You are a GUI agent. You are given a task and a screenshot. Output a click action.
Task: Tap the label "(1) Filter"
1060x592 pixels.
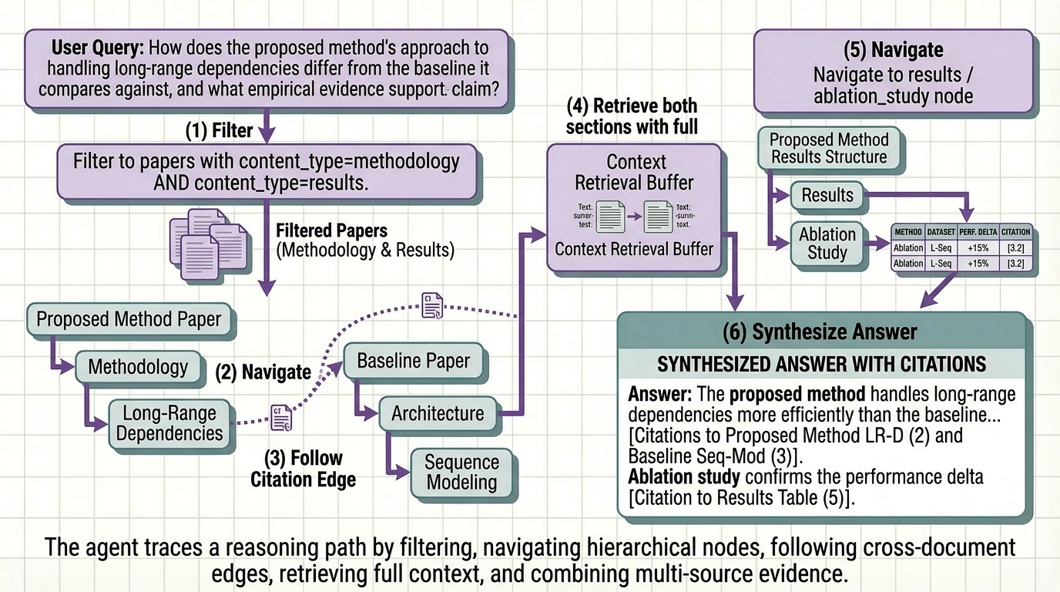point(219,130)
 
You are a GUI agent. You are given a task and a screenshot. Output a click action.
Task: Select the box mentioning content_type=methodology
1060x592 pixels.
point(266,172)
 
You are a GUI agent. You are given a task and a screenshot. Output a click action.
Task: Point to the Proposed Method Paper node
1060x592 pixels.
point(129,319)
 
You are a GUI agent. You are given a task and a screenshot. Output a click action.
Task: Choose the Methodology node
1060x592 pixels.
point(138,366)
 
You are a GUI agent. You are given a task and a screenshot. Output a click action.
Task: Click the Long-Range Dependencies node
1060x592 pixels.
point(169,422)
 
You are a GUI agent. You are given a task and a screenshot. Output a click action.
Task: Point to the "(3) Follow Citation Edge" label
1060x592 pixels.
point(303,468)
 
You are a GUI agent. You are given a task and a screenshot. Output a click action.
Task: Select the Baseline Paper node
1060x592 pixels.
point(413,361)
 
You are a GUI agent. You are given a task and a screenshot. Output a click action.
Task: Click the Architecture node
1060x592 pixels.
point(437,413)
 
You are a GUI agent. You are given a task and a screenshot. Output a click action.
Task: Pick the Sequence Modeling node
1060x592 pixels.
point(461,472)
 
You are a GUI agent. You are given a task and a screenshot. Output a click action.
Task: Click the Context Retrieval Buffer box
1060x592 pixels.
point(635,208)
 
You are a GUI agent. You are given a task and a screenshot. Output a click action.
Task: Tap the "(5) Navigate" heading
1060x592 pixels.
point(893,51)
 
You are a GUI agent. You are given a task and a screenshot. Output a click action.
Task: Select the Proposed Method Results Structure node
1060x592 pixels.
point(828,148)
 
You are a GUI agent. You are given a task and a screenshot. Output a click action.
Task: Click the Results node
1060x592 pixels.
point(827,195)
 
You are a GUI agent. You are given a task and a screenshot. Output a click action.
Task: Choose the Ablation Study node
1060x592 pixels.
point(827,244)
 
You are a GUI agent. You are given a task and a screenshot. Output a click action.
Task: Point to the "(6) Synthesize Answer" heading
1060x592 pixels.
point(820,331)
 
